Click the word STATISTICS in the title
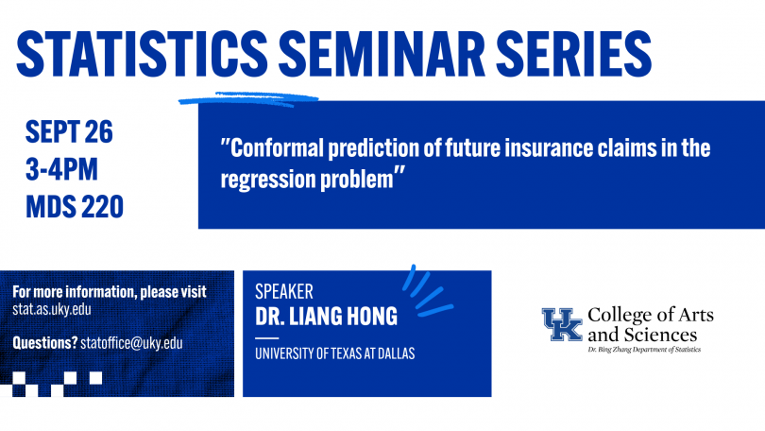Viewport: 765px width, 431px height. pyautogui.click(x=142, y=53)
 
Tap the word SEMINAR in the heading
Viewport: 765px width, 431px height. pyautogui.click(x=382, y=53)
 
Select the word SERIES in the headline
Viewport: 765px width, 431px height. pyautogui.click(x=574, y=53)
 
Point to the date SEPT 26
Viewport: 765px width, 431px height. pyautogui.click(x=69, y=131)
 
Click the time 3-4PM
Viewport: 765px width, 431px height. pyautogui.click(x=61, y=169)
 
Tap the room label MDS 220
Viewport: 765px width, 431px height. pyautogui.click(x=75, y=206)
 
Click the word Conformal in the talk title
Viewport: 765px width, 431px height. pyautogui.click(x=277, y=147)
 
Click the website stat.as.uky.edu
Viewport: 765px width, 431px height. pyautogui.click(x=52, y=309)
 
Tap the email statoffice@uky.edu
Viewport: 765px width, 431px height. pyautogui.click(x=131, y=343)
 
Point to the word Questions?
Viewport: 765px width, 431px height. pyautogui.click(x=45, y=343)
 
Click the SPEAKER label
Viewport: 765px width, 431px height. pyautogui.click(x=284, y=291)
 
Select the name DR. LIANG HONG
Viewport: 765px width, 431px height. pyautogui.click(x=327, y=317)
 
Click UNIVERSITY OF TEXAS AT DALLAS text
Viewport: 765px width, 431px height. pyautogui.click(x=334, y=353)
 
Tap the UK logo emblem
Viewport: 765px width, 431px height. pyautogui.click(x=562, y=324)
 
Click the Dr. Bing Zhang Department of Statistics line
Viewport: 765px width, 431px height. pyautogui.click(x=644, y=350)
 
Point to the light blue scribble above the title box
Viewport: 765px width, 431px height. pyautogui.click(x=248, y=99)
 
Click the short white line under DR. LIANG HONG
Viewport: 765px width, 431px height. pyautogui.click(x=267, y=337)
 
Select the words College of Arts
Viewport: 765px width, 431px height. pyautogui.click(x=651, y=316)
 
